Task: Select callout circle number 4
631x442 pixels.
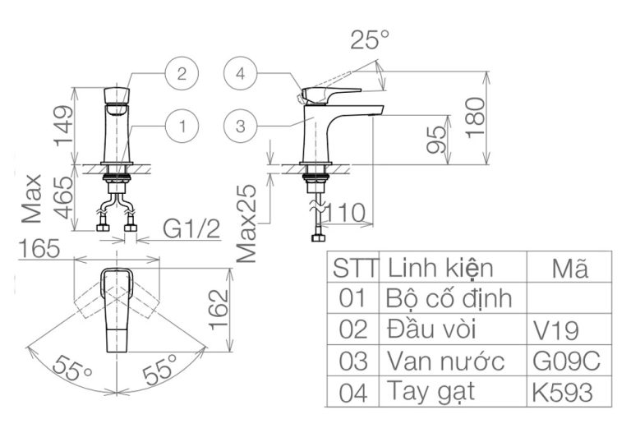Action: (239, 73)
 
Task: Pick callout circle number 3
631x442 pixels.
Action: (239, 127)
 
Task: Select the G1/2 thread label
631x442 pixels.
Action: (191, 229)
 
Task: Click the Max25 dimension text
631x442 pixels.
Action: (250, 223)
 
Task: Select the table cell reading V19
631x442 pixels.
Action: (556, 330)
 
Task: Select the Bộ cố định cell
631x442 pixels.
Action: (449, 298)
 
